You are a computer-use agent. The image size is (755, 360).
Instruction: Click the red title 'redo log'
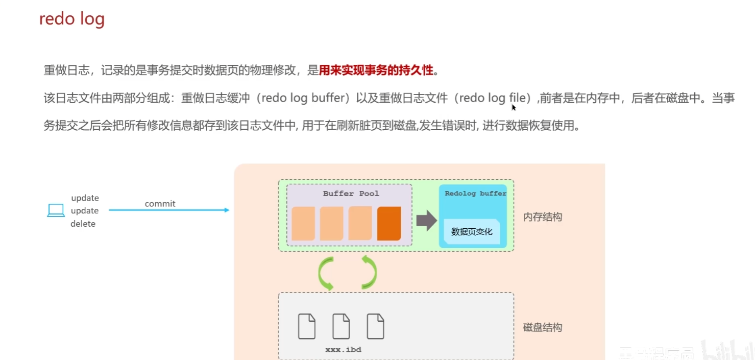(x=72, y=19)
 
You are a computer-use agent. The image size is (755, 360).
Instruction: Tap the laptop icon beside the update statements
(x=56, y=210)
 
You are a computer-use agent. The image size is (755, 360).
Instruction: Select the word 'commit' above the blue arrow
(x=160, y=204)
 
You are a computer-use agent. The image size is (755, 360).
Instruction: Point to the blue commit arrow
(x=168, y=210)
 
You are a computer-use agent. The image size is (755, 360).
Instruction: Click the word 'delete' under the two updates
(x=83, y=224)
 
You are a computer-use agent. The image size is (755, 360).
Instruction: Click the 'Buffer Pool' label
(x=351, y=194)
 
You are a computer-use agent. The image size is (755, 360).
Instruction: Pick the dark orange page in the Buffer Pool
(x=388, y=224)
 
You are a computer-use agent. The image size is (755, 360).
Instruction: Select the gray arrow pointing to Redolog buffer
(x=426, y=221)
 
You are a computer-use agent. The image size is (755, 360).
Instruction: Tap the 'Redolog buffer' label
(x=475, y=194)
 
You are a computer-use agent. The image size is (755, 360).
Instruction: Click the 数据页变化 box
(x=472, y=231)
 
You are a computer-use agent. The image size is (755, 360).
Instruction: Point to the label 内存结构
(x=543, y=217)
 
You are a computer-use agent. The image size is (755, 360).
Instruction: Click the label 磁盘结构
(x=543, y=327)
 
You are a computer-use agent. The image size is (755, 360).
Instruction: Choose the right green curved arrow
(x=370, y=271)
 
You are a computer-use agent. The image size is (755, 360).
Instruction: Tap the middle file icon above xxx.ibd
(x=341, y=326)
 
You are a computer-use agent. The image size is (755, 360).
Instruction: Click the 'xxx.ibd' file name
(x=343, y=350)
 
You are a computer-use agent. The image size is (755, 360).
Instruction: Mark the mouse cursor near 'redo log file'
(x=514, y=107)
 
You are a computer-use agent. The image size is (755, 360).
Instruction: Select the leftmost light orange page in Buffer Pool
(x=303, y=224)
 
